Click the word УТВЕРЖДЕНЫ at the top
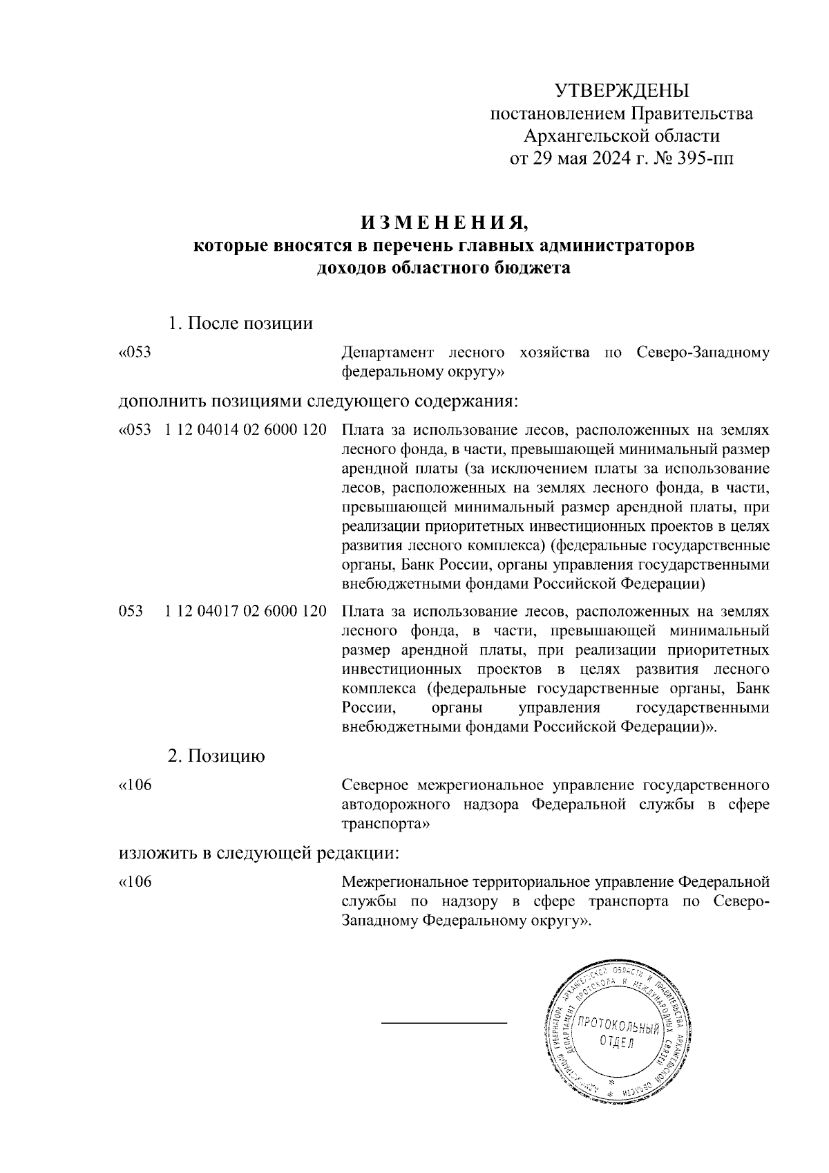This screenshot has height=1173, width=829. coord(622,91)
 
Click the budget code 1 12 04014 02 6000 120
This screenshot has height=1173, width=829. coord(246,430)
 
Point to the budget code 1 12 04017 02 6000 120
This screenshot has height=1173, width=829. coord(246,611)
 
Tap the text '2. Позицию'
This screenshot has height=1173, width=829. coord(216,756)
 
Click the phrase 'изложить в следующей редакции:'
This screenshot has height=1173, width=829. coord(260,852)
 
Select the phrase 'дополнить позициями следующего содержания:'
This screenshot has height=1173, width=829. coord(318,401)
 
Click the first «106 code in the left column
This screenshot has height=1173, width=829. coord(135,786)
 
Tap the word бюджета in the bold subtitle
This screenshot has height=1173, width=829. coord(532,268)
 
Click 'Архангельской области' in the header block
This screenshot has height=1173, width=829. coord(622,136)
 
